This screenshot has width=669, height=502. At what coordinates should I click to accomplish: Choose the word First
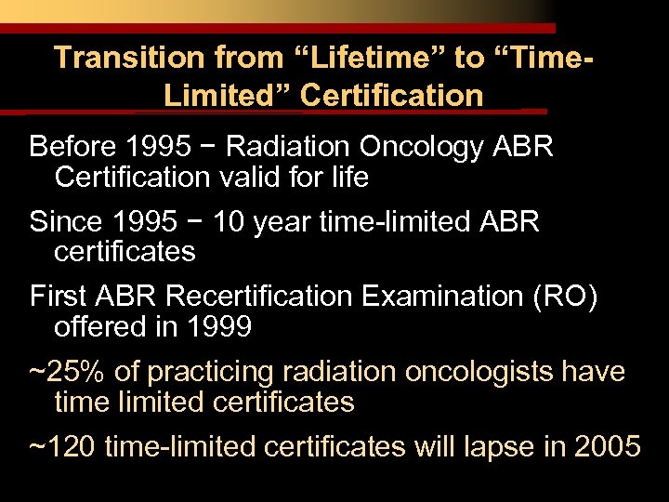tap(59, 297)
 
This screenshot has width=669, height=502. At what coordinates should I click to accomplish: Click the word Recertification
tap(263, 297)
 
